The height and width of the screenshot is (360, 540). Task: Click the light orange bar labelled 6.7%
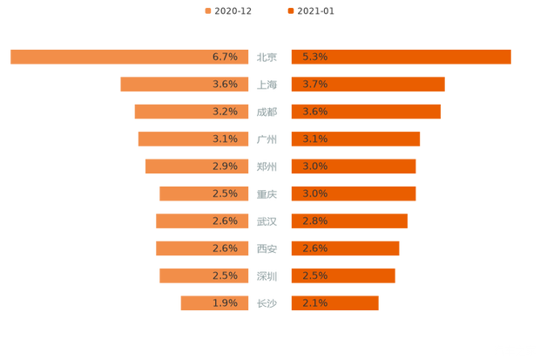[x=122, y=57]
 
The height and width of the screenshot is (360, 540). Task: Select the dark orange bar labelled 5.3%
[x=401, y=57]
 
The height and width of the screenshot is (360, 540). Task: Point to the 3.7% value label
[x=314, y=85]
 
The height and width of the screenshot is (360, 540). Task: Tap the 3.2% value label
[x=225, y=112]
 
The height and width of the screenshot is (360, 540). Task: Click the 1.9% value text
[x=225, y=303]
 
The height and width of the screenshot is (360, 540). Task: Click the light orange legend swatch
[x=206, y=11]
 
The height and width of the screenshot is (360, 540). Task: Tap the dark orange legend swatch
[x=289, y=11]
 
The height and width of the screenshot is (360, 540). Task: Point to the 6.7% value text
[x=225, y=57]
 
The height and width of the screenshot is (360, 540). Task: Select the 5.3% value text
[x=314, y=57]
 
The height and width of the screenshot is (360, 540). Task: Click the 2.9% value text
[x=225, y=166]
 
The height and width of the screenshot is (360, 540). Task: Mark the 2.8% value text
[x=314, y=221]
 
